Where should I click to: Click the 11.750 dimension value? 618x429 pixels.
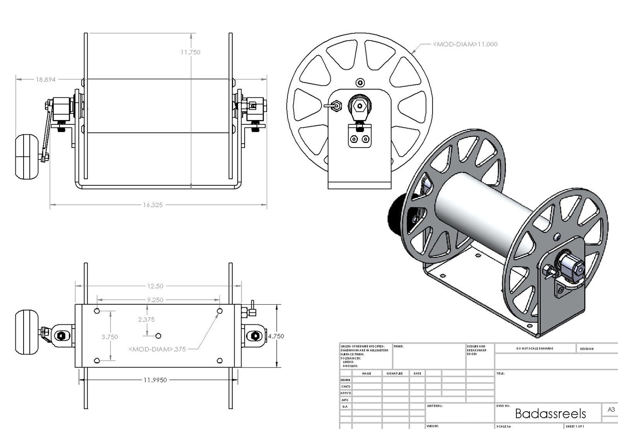[190, 52]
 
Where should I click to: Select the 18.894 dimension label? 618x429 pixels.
[46, 80]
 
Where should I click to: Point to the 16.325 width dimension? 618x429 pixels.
[153, 205]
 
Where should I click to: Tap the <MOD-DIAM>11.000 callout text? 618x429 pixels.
[465, 44]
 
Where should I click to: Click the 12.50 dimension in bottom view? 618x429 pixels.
[155, 286]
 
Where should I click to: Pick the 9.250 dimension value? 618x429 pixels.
[155, 300]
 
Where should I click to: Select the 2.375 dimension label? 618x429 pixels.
[146, 319]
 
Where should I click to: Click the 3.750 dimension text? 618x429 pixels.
[109, 337]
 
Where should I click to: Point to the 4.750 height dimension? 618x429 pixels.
[276, 336]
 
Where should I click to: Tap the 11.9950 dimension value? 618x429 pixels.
[155, 380]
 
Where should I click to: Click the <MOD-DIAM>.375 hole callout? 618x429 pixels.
[157, 349]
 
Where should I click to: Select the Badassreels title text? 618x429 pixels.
[550, 414]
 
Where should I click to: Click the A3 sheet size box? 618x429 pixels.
[611, 410]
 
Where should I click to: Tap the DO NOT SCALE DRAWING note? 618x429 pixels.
[535, 349]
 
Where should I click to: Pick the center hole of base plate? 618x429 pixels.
[158, 336]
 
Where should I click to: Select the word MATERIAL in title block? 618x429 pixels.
[434, 406]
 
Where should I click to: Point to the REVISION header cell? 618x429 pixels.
[586, 349]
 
